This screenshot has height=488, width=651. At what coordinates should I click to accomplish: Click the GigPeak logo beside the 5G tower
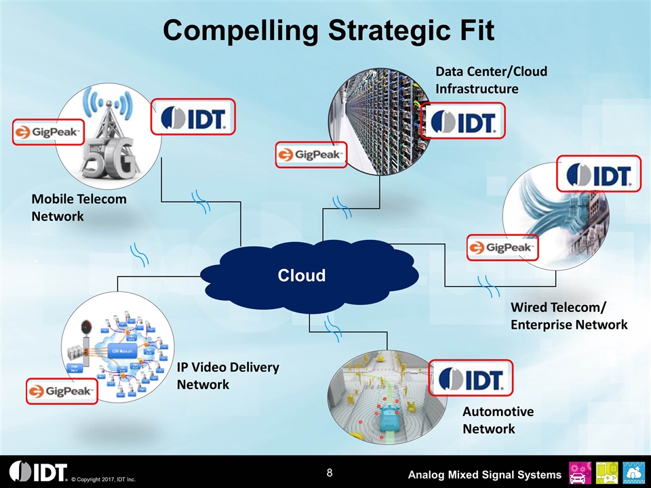click(48, 131)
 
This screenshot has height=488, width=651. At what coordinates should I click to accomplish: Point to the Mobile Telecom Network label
click(79, 207)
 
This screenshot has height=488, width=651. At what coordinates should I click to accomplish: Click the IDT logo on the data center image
click(462, 121)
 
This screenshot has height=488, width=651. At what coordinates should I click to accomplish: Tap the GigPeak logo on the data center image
click(311, 155)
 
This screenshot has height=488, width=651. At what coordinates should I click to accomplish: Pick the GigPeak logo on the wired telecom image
click(502, 247)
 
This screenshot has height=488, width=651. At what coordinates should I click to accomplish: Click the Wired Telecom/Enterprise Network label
click(568, 317)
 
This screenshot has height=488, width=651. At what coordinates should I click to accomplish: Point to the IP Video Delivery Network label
click(228, 375)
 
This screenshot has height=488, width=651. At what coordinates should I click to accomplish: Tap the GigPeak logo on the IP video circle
click(62, 392)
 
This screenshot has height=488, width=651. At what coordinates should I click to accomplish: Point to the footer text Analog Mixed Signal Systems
click(484, 473)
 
